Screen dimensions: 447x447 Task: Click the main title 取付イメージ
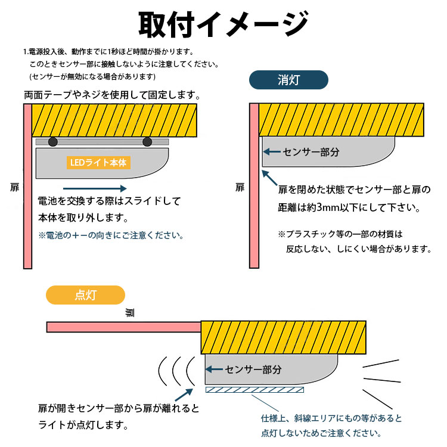point(223,24)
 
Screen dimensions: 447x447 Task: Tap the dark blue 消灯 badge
point(288,80)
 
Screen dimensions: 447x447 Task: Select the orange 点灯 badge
point(86,295)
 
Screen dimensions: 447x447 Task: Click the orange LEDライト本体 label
point(98,162)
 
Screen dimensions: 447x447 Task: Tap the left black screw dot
point(54,142)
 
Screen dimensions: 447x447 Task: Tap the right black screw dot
point(147,142)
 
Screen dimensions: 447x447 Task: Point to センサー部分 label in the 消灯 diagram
point(311,152)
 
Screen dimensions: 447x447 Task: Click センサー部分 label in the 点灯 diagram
point(253,370)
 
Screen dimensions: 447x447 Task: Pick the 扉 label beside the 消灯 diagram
point(240,188)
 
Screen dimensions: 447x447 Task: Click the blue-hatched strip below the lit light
point(254,390)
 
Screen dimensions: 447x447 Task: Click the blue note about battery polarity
point(110,235)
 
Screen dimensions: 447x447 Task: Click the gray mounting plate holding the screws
point(101,142)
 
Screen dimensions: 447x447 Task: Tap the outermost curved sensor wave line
point(162,371)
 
